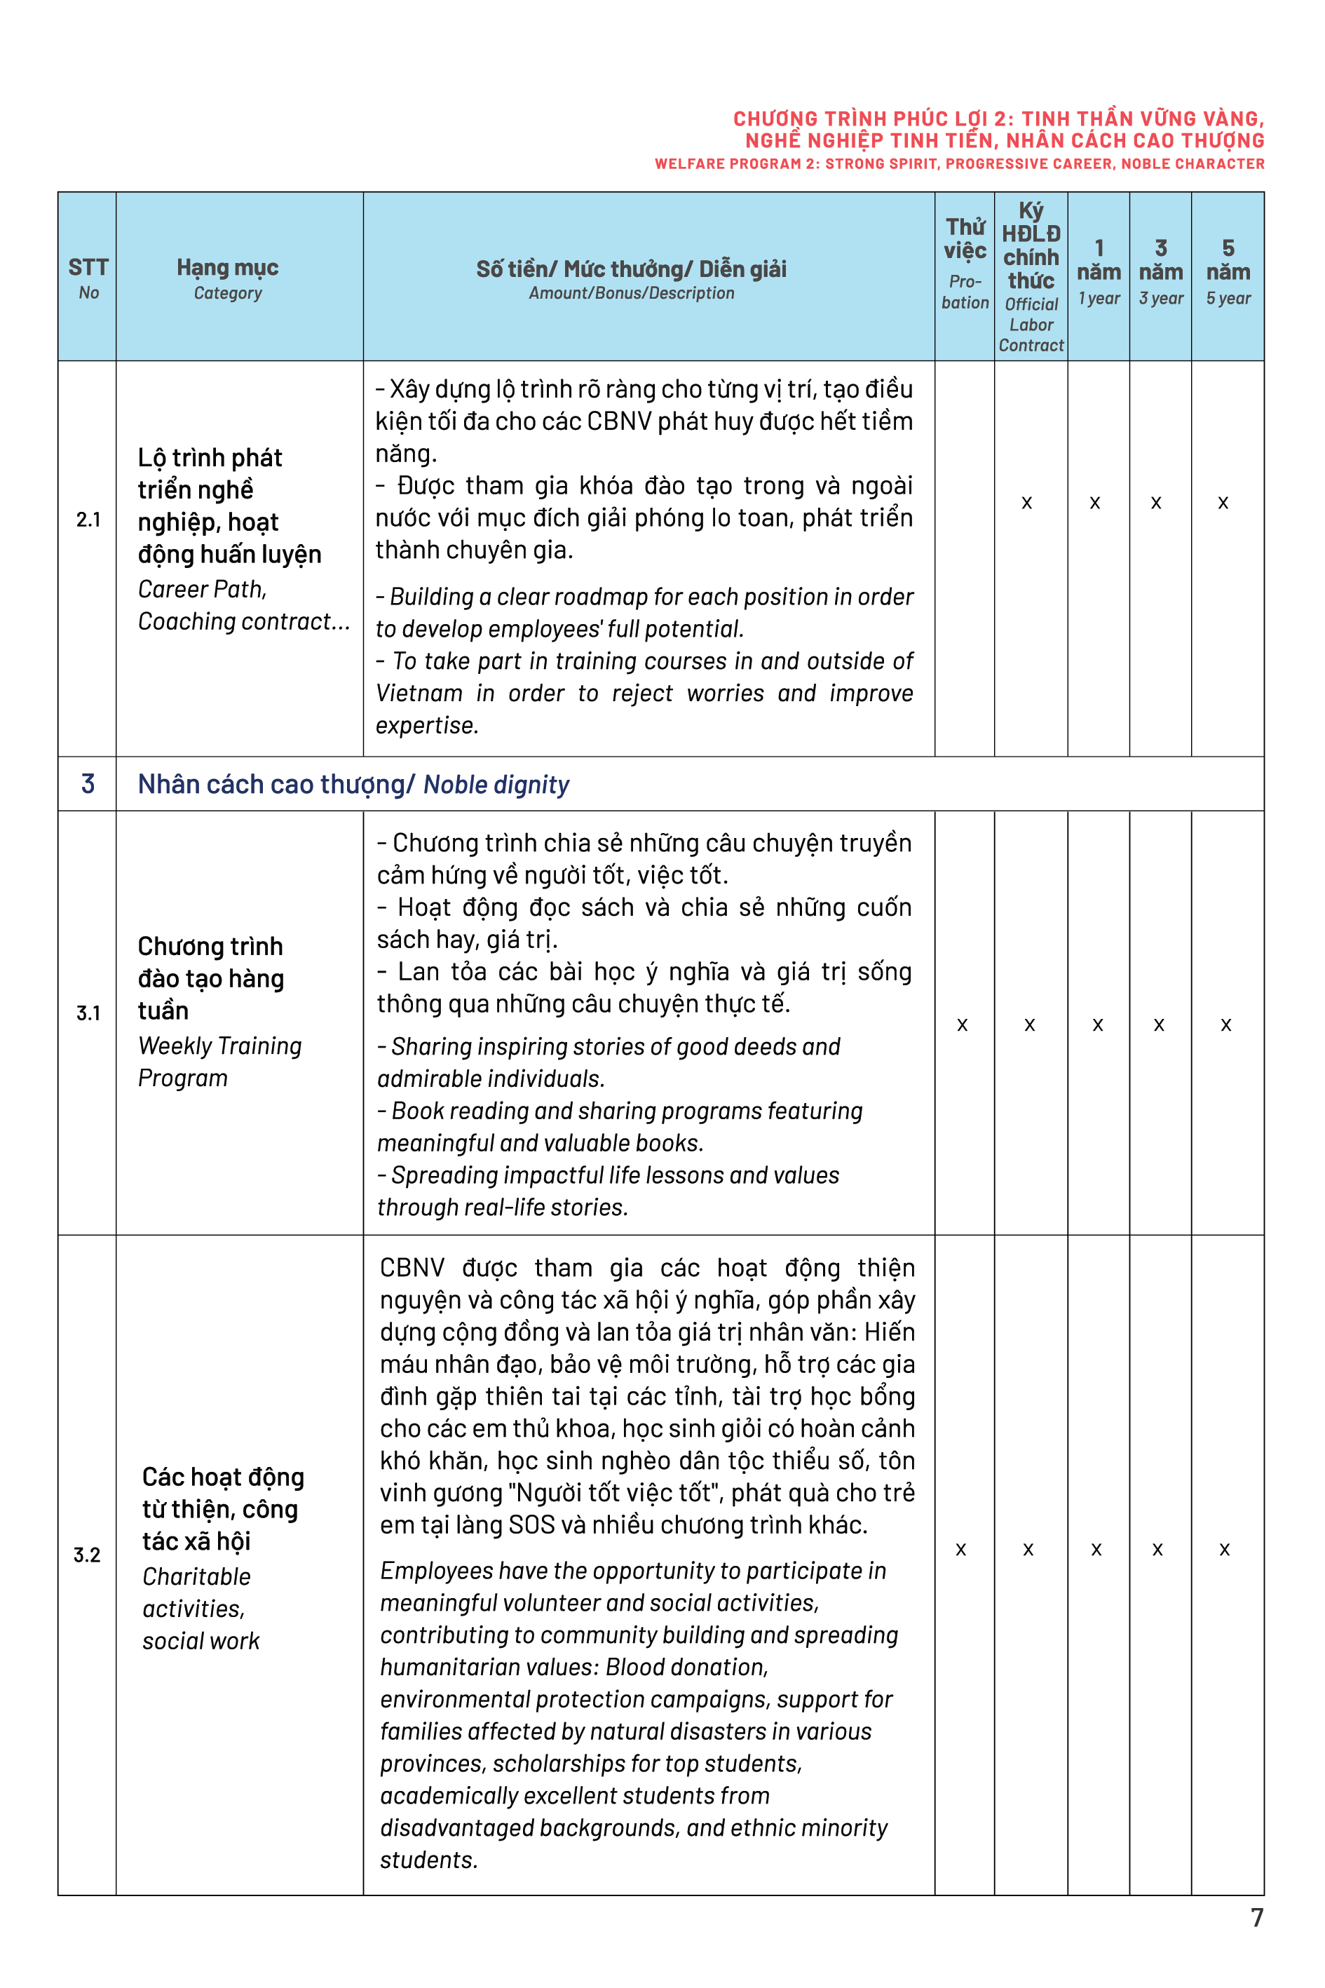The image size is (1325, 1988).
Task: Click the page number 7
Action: (x=1256, y=1917)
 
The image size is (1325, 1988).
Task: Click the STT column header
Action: (x=88, y=277)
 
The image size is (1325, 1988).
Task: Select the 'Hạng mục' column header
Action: (x=227, y=277)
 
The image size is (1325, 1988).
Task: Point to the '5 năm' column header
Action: (x=1228, y=271)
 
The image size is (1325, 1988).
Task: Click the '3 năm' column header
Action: (x=1160, y=271)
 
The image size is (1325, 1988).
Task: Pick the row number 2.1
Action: (x=88, y=520)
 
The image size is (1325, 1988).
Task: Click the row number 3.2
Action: (x=86, y=1555)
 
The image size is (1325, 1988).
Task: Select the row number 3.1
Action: (x=88, y=1013)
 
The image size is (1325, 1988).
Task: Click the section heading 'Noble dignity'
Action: (x=496, y=785)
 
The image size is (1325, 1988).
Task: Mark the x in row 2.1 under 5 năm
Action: (x=1223, y=503)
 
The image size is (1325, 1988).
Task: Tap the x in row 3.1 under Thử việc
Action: (x=962, y=1025)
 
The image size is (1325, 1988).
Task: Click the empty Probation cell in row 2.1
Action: (x=964, y=558)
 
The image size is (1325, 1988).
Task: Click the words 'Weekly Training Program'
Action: (x=219, y=1062)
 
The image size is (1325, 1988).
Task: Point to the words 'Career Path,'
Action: (x=202, y=589)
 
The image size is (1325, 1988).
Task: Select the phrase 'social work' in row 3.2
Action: (x=201, y=1642)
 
